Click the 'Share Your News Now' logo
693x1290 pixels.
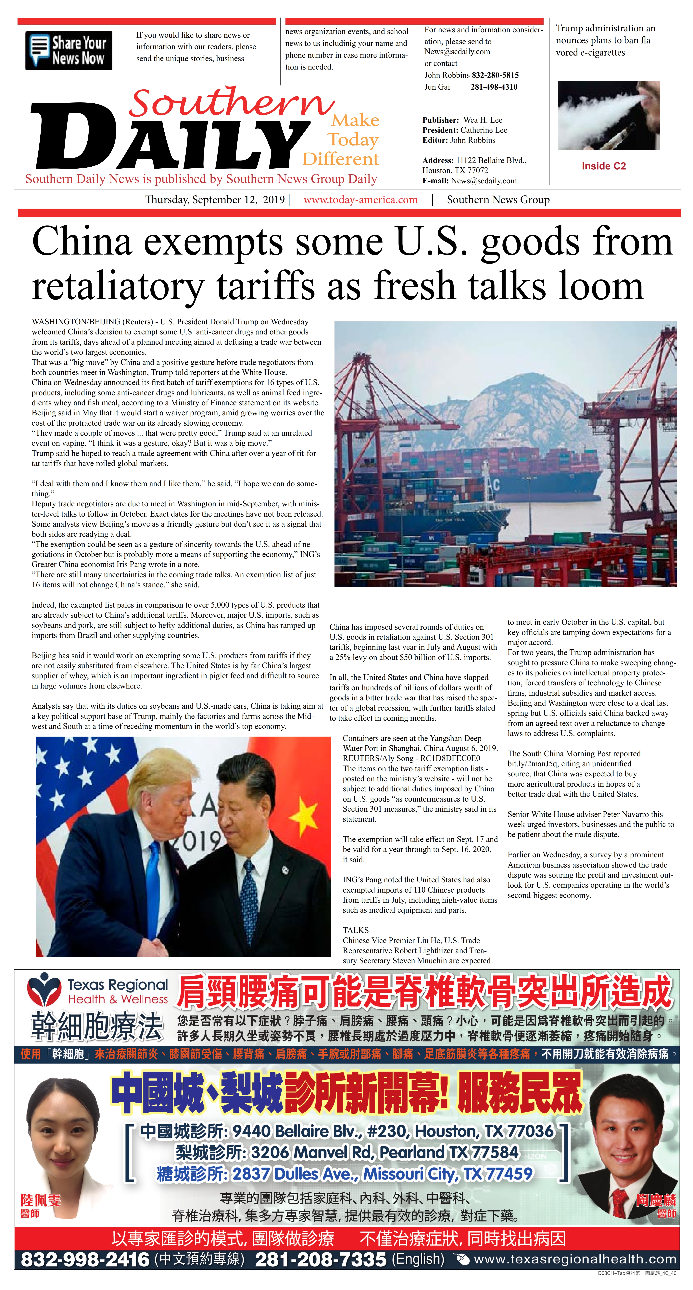click(x=69, y=50)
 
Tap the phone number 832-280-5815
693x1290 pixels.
click(x=495, y=75)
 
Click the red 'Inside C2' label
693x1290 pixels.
click(x=603, y=166)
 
